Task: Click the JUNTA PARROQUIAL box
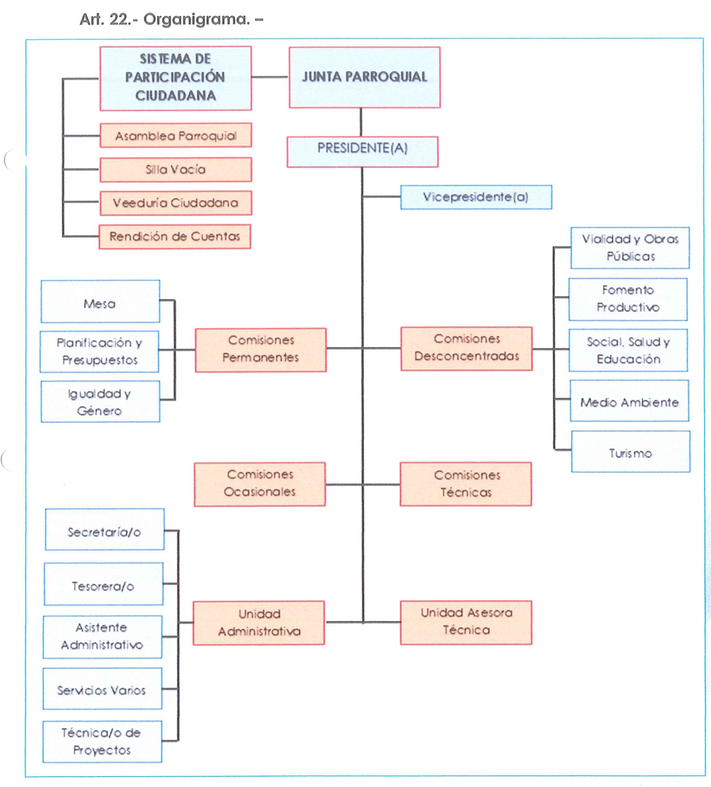tap(364, 77)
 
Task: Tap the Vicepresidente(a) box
tap(476, 197)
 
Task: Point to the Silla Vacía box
tap(176, 169)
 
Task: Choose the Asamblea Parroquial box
tap(176, 136)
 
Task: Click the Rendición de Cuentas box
tap(175, 236)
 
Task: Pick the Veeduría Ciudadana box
tap(176, 203)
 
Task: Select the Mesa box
tap(100, 301)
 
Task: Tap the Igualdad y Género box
tap(100, 402)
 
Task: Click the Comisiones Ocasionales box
tap(260, 484)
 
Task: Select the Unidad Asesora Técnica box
tap(466, 622)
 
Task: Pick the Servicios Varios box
tap(102, 689)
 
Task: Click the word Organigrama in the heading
tap(196, 19)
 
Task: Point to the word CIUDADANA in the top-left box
tap(176, 96)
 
